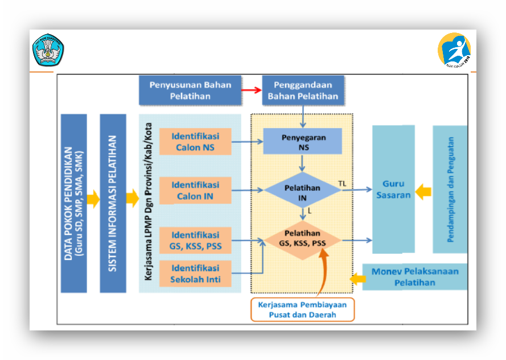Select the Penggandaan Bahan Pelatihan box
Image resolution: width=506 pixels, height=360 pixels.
(303, 90)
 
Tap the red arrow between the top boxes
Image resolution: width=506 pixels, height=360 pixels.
(251, 90)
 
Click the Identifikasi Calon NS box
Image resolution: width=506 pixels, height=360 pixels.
(195, 142)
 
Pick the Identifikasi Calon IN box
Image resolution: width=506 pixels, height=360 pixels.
(195, 191)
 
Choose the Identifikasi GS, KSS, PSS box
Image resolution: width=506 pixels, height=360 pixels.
(195, 241)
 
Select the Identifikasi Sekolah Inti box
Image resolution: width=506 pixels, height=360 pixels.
(195, 274)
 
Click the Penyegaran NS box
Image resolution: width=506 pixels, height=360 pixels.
(303, 142)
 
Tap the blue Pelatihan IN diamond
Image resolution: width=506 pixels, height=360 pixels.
(303, 192)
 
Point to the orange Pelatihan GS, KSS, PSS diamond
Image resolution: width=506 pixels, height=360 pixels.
(303, 238)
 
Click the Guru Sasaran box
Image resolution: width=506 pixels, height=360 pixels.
(393, 189)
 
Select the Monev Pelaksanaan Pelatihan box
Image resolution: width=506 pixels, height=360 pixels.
(415, 277)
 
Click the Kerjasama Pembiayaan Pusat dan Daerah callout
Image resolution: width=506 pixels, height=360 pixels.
(302, 309)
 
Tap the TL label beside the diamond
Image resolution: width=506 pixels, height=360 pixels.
(342, 184)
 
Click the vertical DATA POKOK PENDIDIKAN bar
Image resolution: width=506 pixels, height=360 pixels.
(74, 203)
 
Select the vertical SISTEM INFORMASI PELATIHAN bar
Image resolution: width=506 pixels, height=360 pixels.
(113, 203)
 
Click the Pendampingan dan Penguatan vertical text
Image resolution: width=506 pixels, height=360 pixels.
(450, 189)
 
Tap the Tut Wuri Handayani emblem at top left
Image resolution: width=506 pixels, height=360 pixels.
(48, 50)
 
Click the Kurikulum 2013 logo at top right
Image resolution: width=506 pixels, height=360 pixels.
(454, 50)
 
